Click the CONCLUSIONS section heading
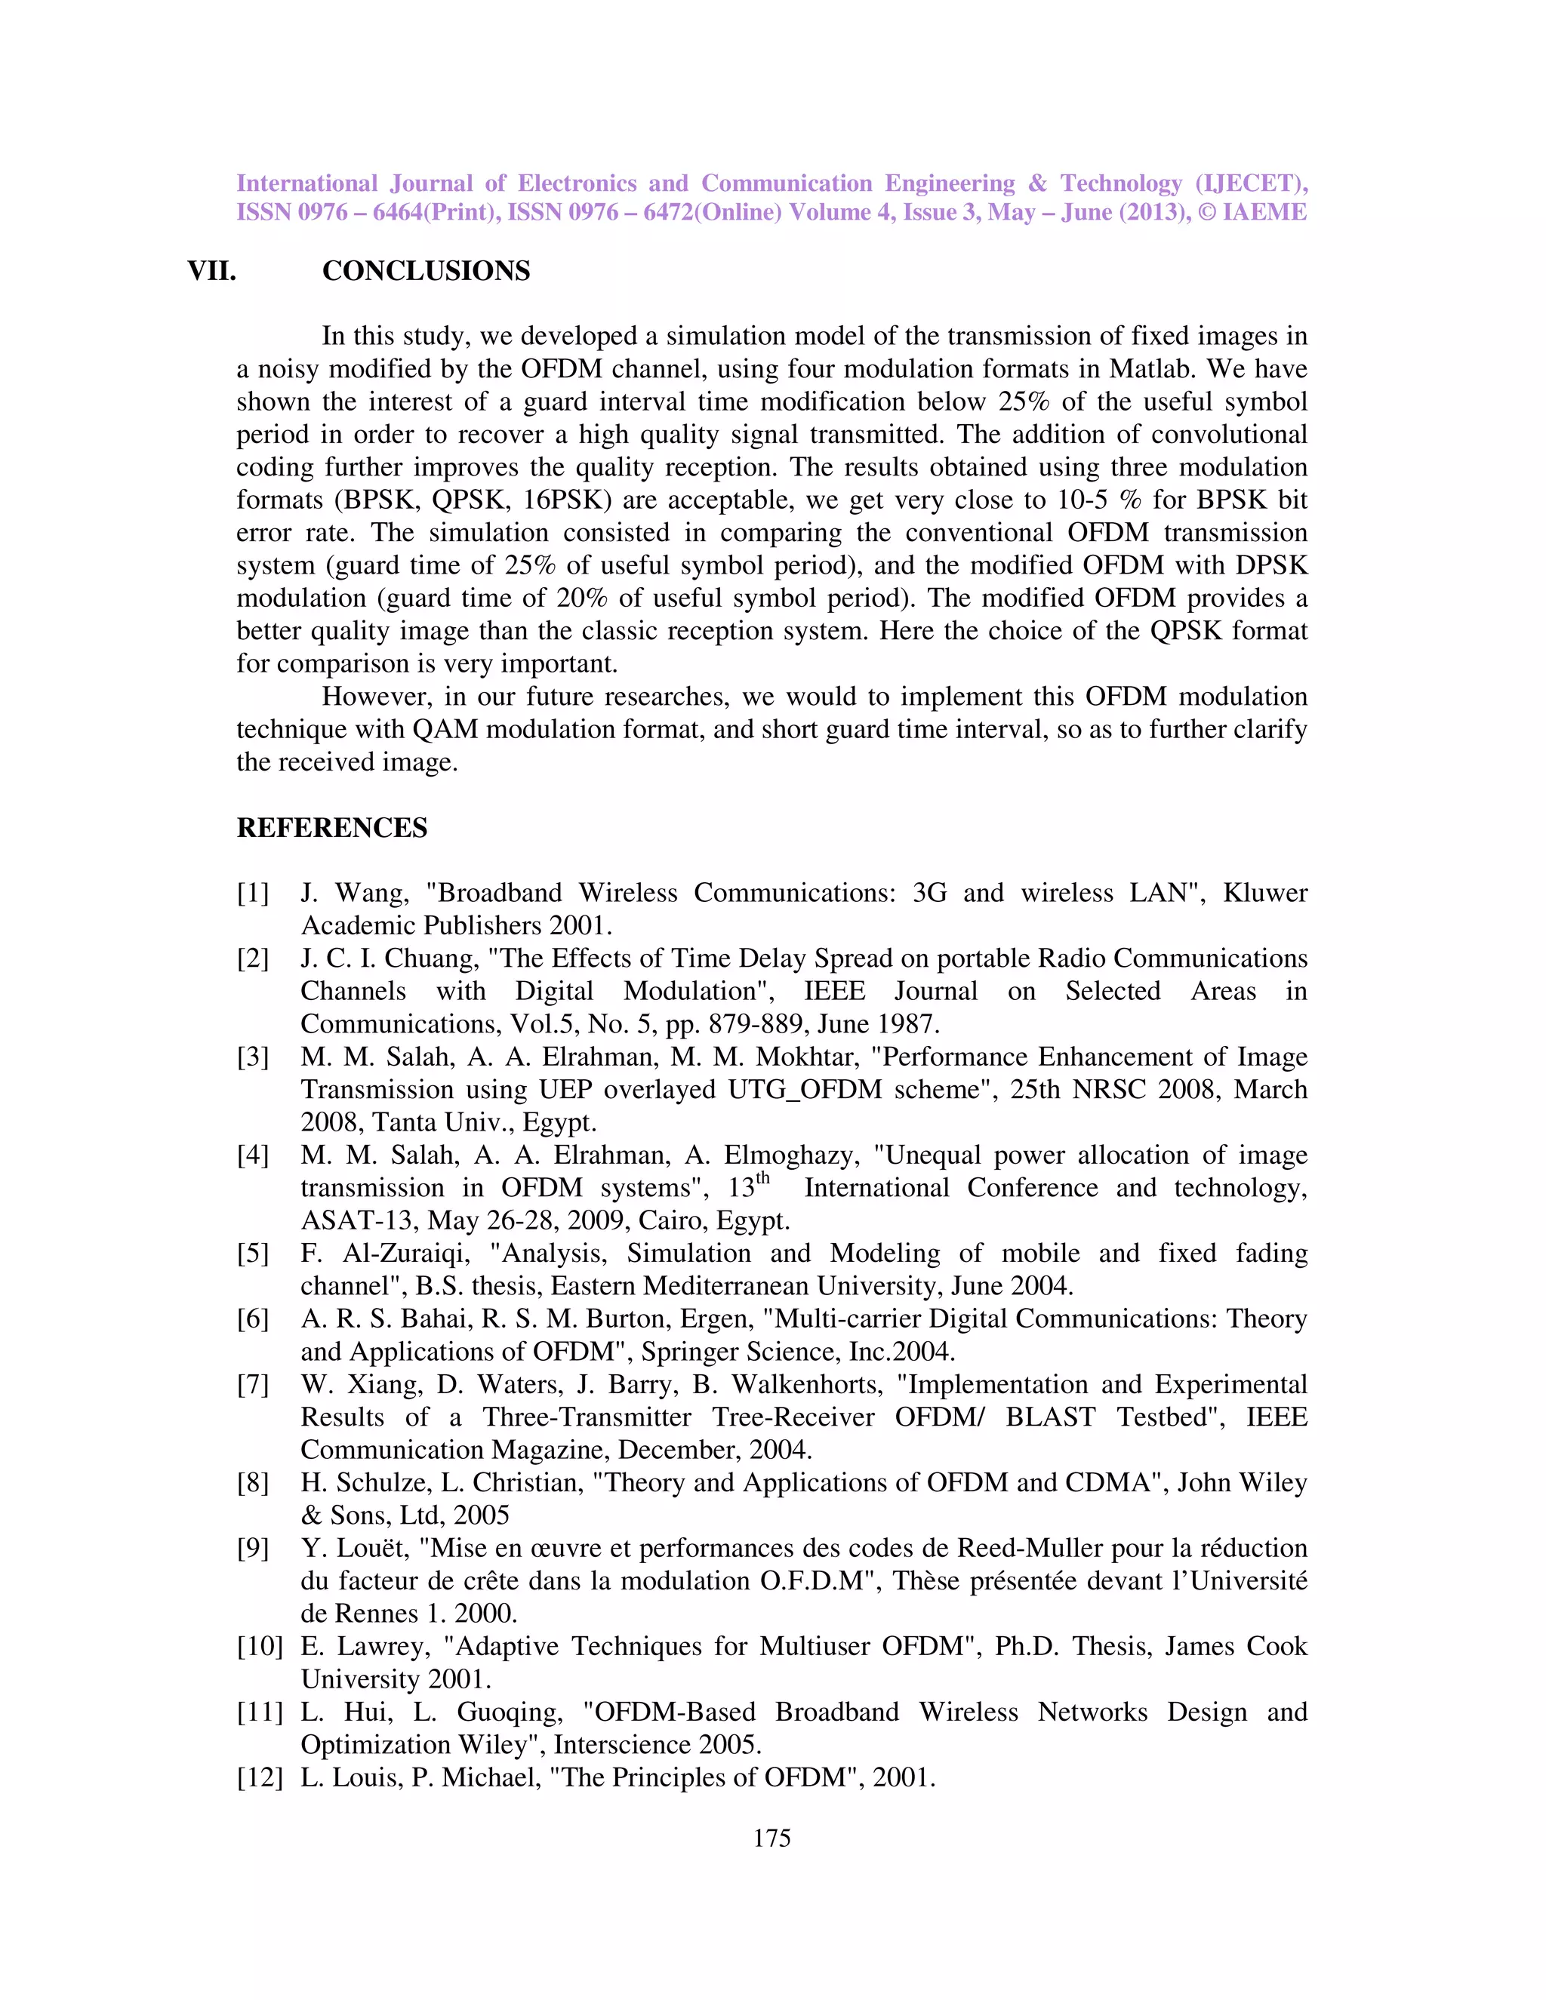426,271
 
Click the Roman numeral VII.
211,271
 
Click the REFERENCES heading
331,828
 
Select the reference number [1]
253,893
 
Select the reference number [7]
253,1385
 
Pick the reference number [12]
259,1777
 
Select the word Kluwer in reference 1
1265,893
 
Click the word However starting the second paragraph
374,697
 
